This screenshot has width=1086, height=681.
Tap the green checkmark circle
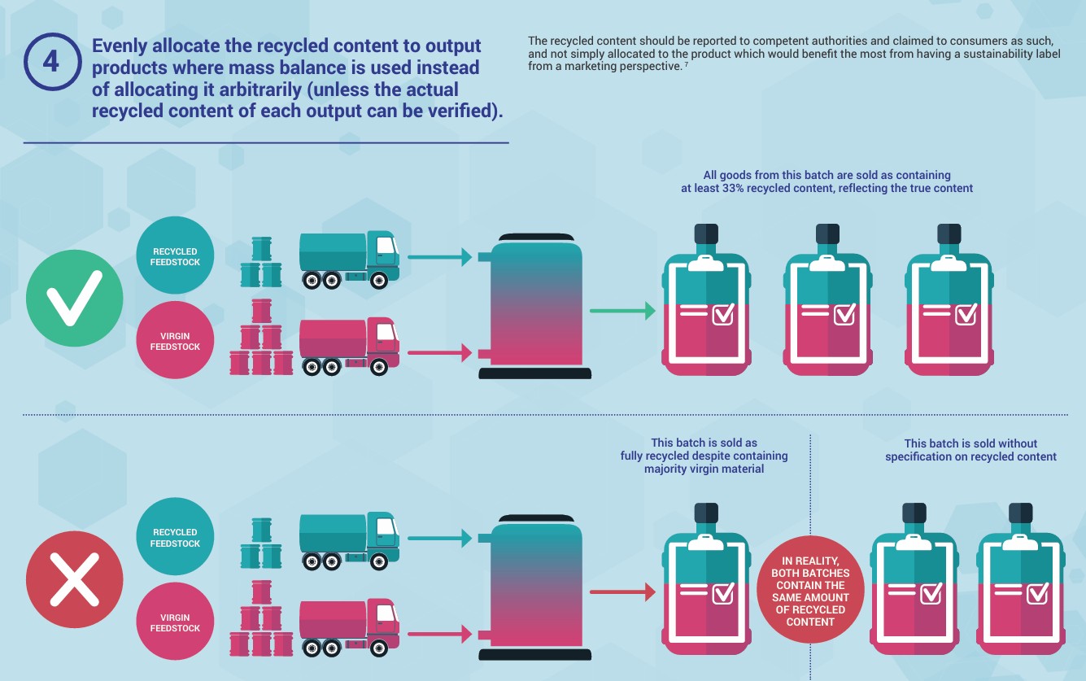[x=74, y=298]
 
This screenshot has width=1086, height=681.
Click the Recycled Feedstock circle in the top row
[x=175, y=257]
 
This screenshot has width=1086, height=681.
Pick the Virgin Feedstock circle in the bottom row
[x=175, y=623]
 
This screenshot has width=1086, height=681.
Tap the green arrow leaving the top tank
[x=622, y=310]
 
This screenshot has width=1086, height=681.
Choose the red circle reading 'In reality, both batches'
[x=809, y=591]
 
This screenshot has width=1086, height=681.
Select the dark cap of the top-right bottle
[x=949, y=234]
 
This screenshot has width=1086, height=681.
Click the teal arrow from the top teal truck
[x=439, y=257]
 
